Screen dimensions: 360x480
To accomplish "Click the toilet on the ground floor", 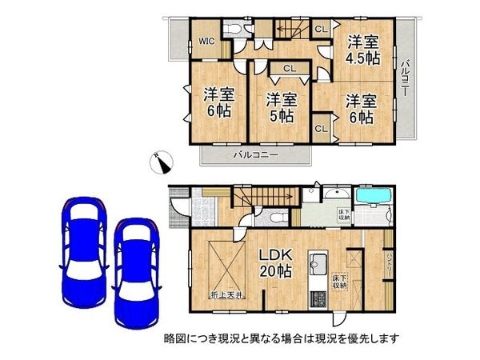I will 274,216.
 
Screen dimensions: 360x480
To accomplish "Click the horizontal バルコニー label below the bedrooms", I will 257,153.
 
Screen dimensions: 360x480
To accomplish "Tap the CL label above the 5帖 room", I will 289,69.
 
